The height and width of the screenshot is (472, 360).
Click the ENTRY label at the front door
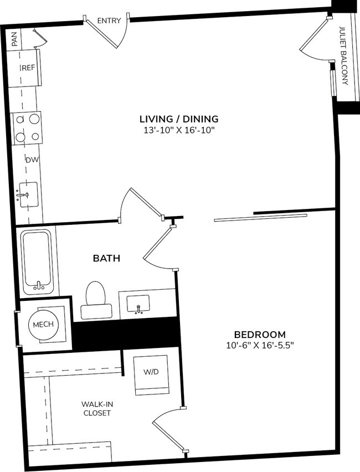tap(109, 20)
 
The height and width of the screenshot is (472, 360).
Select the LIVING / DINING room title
tap(178, 119)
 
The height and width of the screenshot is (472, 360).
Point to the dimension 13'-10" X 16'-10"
tap(178, 131)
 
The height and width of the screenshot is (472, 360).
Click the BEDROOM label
tap(260, 335)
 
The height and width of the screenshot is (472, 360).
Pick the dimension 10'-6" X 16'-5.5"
tap(260, 346)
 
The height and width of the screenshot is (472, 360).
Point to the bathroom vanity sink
tap(138, 304)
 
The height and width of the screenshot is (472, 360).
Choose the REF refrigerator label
tap(28, 68)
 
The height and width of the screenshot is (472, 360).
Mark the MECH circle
tap(43, 324)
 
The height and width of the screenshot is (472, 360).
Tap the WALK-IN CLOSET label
tap(97, 408)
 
